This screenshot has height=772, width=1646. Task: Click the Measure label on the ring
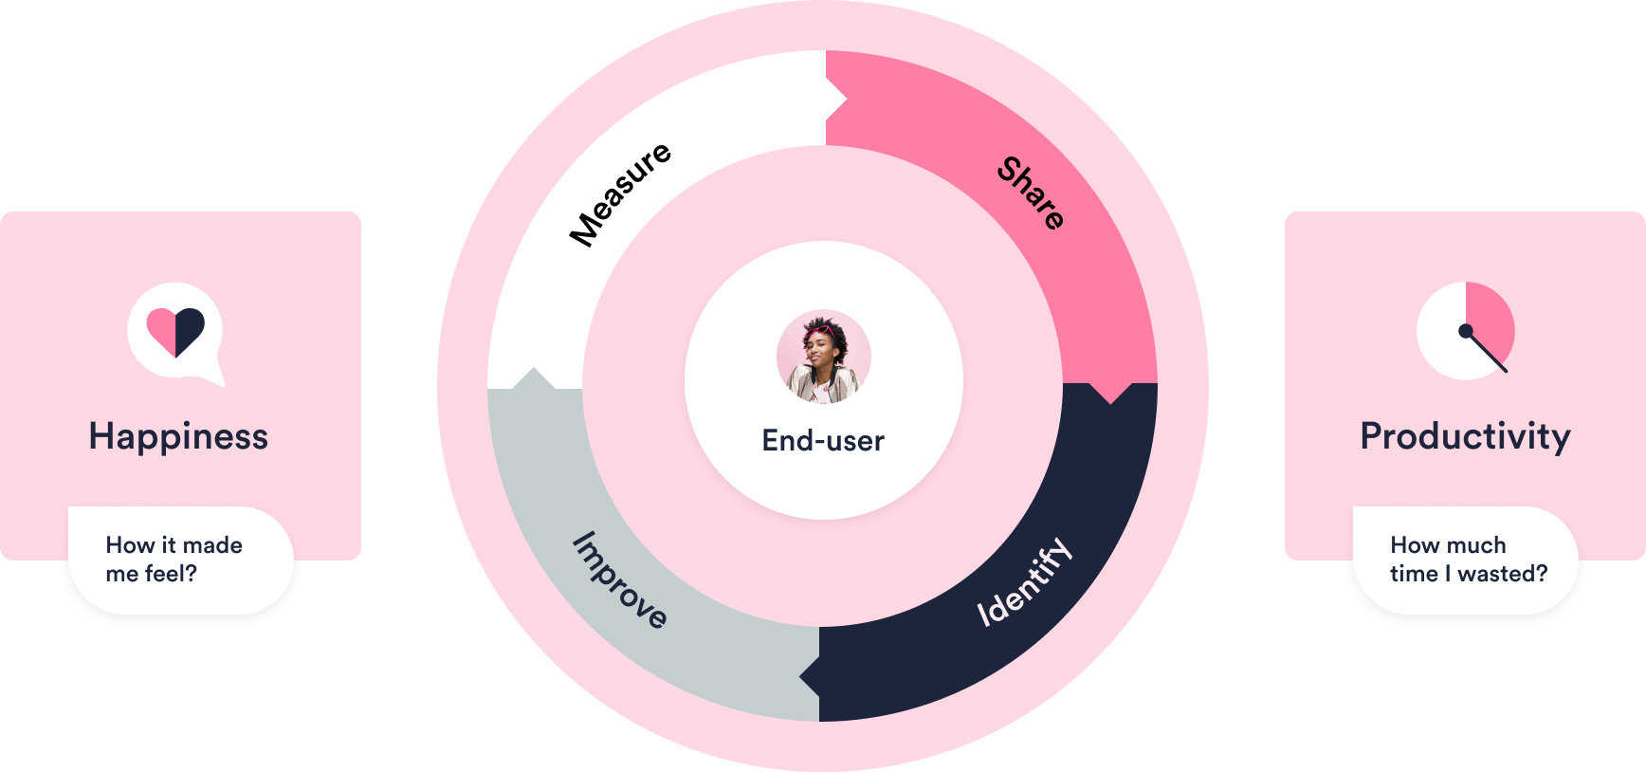(x=620, y=194)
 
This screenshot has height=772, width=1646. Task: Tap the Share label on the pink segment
(x=1032, y=193)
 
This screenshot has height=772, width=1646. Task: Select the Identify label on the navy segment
(x=1024, y=582)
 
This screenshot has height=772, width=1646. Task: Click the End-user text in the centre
(x=823, y=441)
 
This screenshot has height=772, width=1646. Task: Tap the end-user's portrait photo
(x=823, y=357)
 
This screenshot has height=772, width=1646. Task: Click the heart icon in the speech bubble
(x=175, y=332)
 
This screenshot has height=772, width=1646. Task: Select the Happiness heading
(x=178, y=436)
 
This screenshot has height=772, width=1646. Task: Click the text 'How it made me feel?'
(x=174, y=560)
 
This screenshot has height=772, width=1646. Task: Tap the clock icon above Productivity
(x=1466, y=330)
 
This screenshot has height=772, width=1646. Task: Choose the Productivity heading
(x=1465, y=436)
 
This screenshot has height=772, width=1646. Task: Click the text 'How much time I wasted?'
(x=1469, y=560)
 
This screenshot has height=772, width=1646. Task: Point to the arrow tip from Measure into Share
(x=846, y=98)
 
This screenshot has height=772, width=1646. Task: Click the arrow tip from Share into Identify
(x=1110, y=403)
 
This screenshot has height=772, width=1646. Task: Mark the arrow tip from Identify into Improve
(x=800, y=676)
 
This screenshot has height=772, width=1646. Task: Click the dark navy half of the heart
(x=189, y=329)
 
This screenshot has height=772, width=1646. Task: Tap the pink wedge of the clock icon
(x=1489, y=318)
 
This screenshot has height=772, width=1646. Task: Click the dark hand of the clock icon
(x=1485, y=350)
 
